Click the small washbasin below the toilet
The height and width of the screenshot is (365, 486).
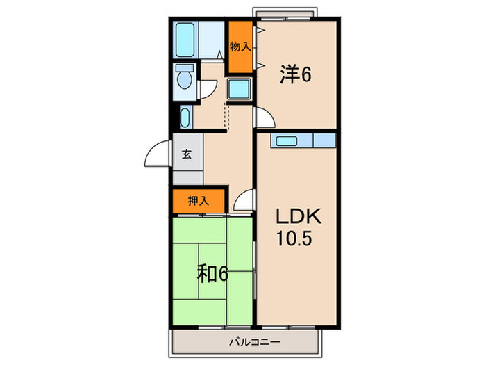click(x=185, y=117)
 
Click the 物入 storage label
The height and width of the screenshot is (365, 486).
click(x=240, y=47)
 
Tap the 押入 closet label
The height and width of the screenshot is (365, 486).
click(x=199, y=202)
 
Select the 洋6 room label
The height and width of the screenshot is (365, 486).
click(x=295, y=73)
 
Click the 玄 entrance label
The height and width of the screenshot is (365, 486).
click(x=187, y=155)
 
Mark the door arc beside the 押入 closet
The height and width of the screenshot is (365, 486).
click(x=243, y=202)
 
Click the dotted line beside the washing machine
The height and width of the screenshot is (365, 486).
click(x=226, y=115)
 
